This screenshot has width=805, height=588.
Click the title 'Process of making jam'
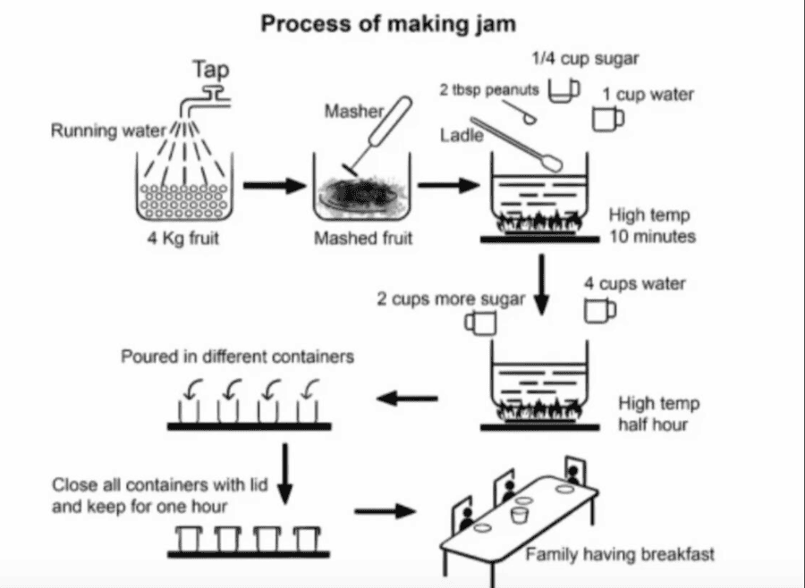388,23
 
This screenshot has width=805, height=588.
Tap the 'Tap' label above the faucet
211,70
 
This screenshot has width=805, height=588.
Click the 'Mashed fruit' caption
363,239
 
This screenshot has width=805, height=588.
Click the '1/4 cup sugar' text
585,59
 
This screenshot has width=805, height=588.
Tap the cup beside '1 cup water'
607,119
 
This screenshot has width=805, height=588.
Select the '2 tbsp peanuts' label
488,90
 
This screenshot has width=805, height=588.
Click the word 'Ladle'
462,135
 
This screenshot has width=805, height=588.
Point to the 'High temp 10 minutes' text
651,226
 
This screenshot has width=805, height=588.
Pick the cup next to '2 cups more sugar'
479,322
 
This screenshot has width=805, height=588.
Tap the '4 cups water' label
635,283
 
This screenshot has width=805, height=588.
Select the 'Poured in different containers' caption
238,357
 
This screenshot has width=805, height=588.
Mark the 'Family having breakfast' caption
620,555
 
